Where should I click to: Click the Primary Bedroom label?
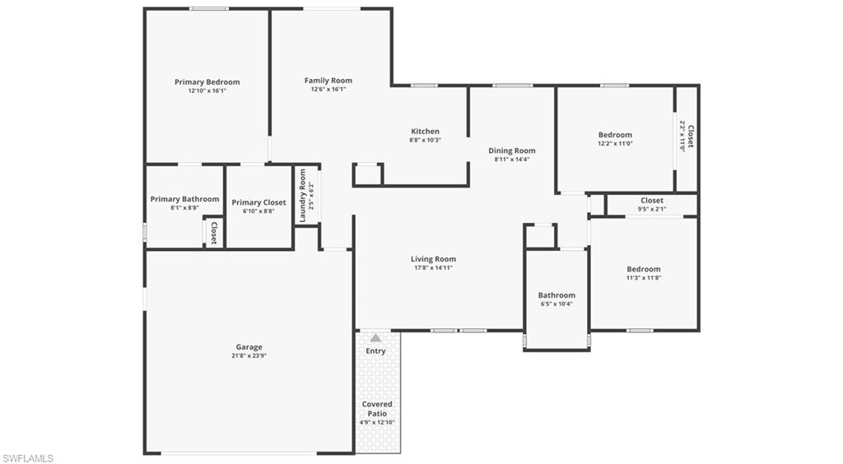click(207, 82)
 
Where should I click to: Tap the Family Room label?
click(328, 81)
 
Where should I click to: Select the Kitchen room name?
click(426, 132)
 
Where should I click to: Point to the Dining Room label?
click(512, 151)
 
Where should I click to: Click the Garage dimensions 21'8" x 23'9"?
click(249, 356)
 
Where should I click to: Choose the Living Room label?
click(433, 259)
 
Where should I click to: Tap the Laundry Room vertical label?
click(303, 196)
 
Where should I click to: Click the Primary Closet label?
click(258, 202)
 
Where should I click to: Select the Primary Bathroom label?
click(184, 199)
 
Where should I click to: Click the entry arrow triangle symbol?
click(375, 337)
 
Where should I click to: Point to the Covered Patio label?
click(377, 409)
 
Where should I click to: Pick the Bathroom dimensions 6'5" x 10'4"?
click(557, 304)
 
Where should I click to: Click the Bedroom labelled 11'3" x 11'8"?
click(644, 269)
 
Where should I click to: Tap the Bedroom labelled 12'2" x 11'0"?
click(615, 135)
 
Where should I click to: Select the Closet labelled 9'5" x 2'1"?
click(652, 200)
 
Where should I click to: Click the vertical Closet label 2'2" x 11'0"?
click(690, 137)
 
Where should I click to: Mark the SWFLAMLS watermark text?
click(28, 457)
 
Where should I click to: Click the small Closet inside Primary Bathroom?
click(213, 233)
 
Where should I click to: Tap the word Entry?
click(375, 351)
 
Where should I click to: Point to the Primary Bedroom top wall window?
click(209, 9)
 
